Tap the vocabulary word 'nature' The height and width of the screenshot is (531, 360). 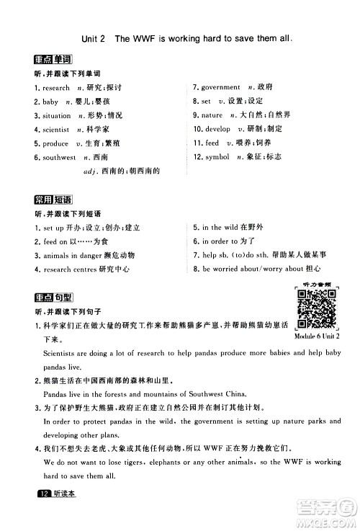point(212,115)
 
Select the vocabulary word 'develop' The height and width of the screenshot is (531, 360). point(217,130)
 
